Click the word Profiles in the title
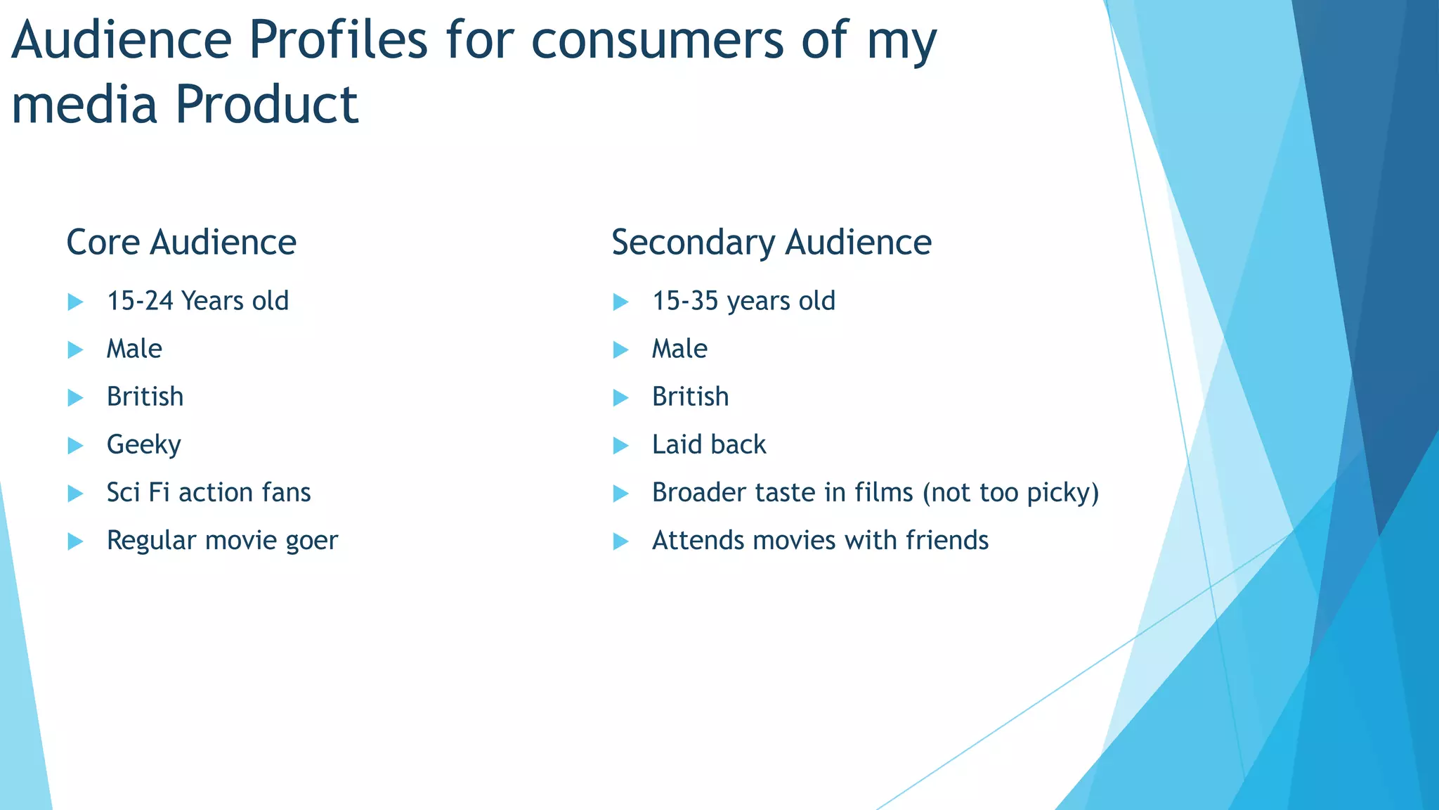pos(338,40)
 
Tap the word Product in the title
pos(266,105)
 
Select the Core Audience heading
pos(181,243)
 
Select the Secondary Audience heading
pos(771,243)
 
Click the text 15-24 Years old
pos(197,301)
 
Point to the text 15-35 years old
pos(743,301)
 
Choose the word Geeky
pos(144,445)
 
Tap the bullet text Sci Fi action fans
pos(209,492)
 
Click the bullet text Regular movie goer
pos(222,541)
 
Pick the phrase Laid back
pos(709,444)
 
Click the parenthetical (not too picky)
pos(1010,493)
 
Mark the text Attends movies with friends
pos(820,541)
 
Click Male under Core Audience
pos(134,349)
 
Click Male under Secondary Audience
pos(679,349)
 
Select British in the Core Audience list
pos(145,397)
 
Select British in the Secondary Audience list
pos(690,397)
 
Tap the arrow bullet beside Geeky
pos(75,446)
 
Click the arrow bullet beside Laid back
pos(620,446)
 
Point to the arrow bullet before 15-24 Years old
pos(75,302)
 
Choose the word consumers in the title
pos(656,40)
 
